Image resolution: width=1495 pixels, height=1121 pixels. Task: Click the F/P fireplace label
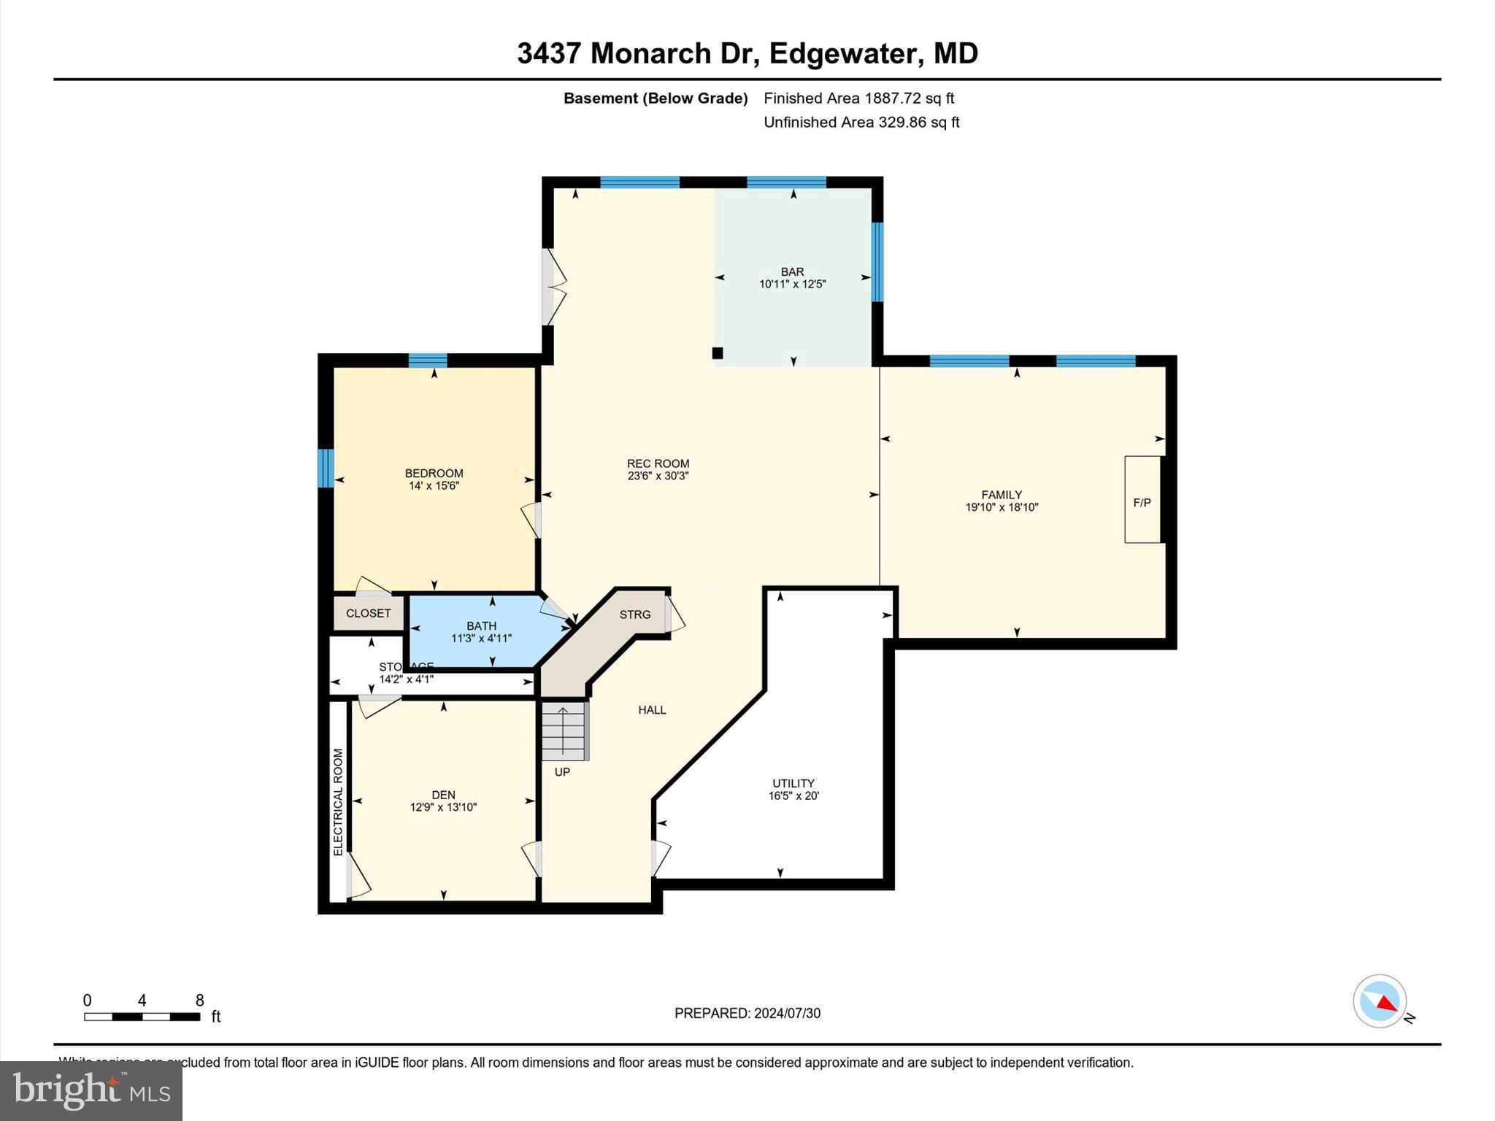(1142, 503)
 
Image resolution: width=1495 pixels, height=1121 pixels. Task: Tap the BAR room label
(792, 271)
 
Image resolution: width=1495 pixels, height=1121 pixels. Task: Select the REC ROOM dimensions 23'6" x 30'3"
(658, 476)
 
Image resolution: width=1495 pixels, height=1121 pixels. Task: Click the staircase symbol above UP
(564, 731)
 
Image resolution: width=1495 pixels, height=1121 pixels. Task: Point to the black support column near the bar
(718, 353)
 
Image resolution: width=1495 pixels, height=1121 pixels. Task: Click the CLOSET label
(368, 613)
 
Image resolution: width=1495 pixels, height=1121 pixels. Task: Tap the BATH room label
(481, 625)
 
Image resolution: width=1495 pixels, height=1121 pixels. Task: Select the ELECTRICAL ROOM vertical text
(338, 802)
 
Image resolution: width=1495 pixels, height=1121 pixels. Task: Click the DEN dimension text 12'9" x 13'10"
(443, 807)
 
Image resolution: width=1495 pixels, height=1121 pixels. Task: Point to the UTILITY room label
(793, 783)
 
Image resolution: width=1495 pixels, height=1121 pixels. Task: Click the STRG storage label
(634, 615)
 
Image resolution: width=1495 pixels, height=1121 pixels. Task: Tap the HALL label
(652, 709)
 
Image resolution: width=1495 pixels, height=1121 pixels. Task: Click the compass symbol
(1379, 1001)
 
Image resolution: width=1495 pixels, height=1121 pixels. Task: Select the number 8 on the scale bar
(199, 1001)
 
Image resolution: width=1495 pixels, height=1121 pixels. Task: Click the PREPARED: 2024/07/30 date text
(747, 1013)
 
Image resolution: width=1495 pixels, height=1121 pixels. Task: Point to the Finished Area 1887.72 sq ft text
(858, 98)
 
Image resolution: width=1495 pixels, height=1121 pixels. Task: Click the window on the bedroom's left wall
(326, 468)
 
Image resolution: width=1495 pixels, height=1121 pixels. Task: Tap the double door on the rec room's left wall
(553, 287)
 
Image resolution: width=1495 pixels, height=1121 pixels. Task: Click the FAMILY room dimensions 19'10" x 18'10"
(1002, 507)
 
